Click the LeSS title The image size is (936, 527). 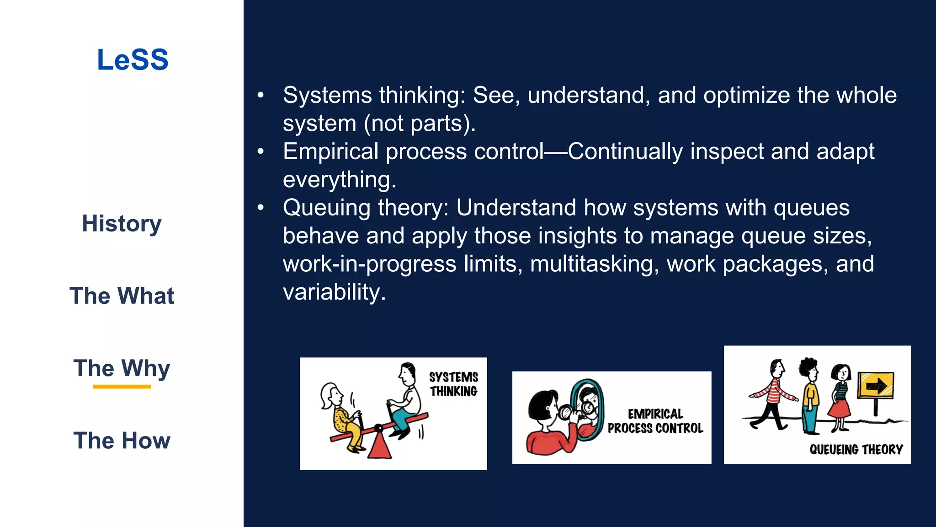pyautogui.click(x=133, y=60)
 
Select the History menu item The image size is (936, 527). pyautogui.click(x=122, y=224)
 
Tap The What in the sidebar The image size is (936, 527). pyautogui.click(x=122, y=296)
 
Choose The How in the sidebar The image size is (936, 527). pyautogui.click(x=122, y=441)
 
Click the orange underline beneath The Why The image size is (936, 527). pyautogui.click(x=122, y=387)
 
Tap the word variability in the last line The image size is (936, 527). pyautogui.click(x=334, y=292)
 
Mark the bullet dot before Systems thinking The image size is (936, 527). pyautogui.click(x=261, y=95)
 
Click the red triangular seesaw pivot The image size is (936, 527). pyautogui.click(x=379, y=446)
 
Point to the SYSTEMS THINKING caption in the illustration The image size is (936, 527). pyautogui.click(x=453, y=384)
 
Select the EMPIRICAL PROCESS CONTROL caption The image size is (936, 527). pyautogui.click(x=655, y=421)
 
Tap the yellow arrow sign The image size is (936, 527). pyautogui.click(x=875, y=386)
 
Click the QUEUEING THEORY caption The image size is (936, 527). pyautogui.click(x=856, y=449)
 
